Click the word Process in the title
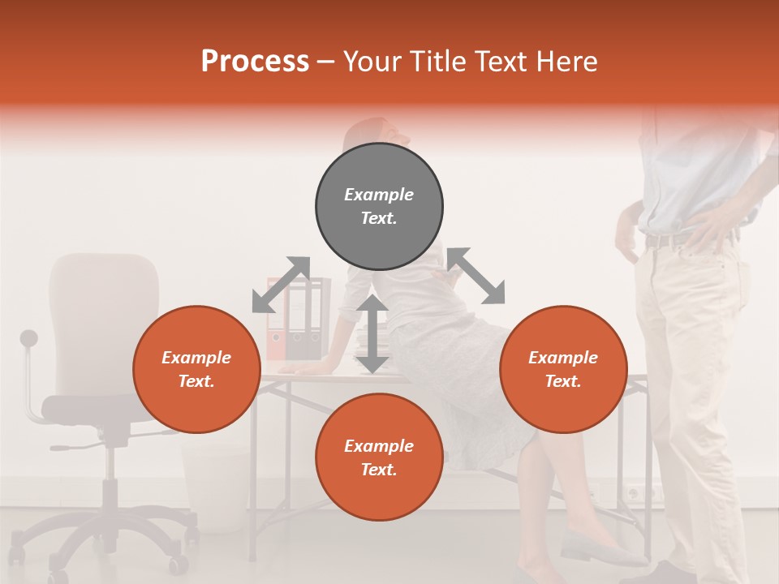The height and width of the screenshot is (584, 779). [255, 62]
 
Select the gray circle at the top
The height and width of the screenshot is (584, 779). [379, 206]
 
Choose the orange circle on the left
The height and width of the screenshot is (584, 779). [196, 369]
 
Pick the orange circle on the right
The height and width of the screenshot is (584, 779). [563, 369]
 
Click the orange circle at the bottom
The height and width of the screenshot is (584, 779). [379, 457]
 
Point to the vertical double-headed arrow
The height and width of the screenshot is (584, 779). [372, 334]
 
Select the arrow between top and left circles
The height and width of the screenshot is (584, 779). [281, 285]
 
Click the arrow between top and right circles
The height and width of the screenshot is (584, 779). [476, 276]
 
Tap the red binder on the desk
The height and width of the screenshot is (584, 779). [277, 320]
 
